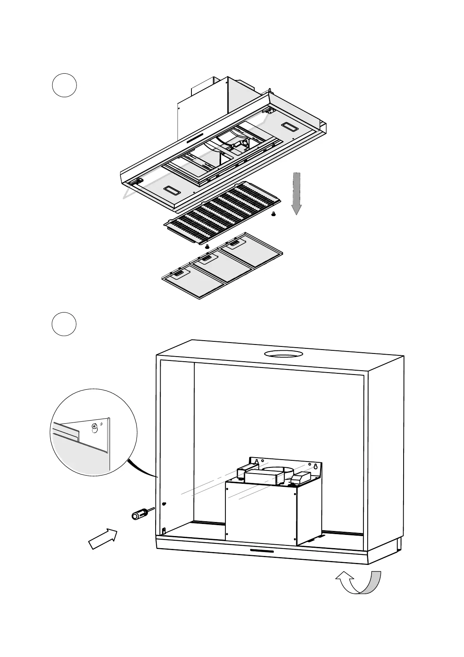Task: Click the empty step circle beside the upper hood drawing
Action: [64, 85]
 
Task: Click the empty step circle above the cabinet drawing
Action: [64, 324]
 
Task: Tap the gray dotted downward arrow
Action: [297, 194]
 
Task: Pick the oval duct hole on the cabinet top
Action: [283, 354]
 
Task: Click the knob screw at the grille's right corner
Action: [273, 214]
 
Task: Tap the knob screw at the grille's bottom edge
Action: [207, 246]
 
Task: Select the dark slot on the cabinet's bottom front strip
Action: [262, 551]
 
